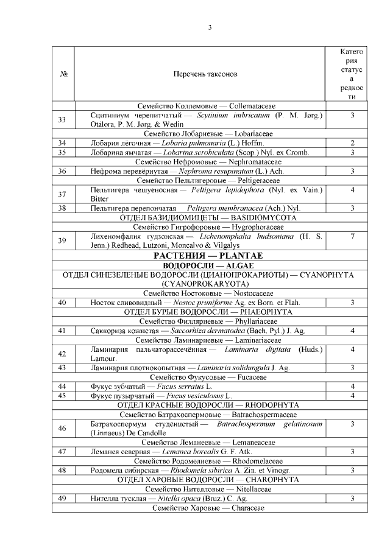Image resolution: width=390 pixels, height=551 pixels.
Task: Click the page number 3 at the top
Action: pyautogui.click(x=210, y=27)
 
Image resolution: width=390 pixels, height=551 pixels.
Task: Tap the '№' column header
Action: pyautogui.click(x=63, y=74)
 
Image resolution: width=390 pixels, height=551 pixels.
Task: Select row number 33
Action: pyautogui.click(x=62, y=119)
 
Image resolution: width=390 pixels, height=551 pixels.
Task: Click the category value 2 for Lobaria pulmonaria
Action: pyautogui.click(x=352, y=143)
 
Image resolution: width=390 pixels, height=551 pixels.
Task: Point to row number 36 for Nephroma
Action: pyautogui.click(x=62, y=172)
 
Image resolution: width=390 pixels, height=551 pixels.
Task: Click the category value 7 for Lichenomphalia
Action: pyautogui.click(x=352, y=236)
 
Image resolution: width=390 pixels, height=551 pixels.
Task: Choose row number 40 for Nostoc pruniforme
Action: pyautogui.click(x=62, y=303)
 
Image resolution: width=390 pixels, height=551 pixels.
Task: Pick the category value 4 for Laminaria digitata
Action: pyautogui.click(x=352, y=349)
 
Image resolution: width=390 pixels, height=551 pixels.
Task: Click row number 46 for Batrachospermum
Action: pyautogui.click(x=62, y=428)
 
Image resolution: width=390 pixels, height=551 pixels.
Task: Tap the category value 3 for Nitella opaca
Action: pyautogui.click(x=352, y=499)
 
